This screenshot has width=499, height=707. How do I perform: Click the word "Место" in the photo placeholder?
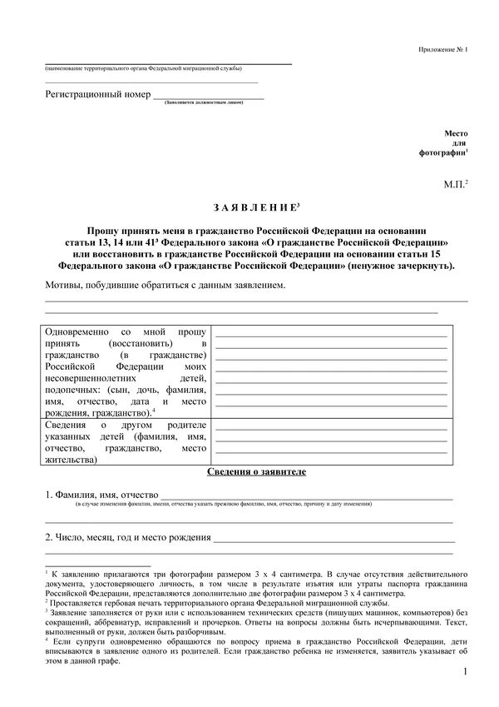pyautogui.click(x=457, y=133)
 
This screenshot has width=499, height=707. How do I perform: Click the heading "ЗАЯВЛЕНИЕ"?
pyautogui.click(x=249, y=206)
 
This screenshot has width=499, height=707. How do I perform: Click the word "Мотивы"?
pyautogui.click(x=65, y=286)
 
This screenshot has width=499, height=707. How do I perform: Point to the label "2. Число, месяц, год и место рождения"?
pyautogui.click(x=127, y=537)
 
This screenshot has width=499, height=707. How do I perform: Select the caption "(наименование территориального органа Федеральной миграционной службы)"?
pyautogui.click(x=143, y=67)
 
